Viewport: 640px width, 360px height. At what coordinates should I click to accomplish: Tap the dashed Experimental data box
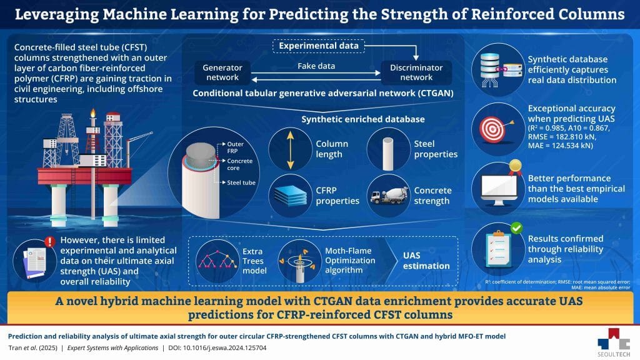click(x=318, y=46)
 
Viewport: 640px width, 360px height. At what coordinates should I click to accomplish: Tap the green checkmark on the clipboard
click(x=516, y=229)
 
